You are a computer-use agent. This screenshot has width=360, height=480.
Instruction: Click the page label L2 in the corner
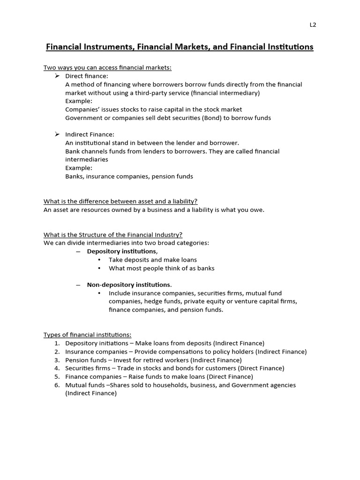point(313,25)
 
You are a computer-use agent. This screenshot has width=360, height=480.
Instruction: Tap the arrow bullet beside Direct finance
point(57,76)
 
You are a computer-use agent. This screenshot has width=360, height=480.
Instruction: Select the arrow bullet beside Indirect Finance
point(57,135)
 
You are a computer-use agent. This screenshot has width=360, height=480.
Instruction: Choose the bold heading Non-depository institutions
point(129,285)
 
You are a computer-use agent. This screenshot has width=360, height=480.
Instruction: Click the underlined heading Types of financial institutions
point(88,335)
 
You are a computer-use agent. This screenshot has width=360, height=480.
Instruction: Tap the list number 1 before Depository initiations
point(57,343)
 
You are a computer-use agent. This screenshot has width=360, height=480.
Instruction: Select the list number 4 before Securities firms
point(57,368)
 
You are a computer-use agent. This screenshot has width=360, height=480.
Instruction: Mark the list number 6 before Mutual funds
point(57,385)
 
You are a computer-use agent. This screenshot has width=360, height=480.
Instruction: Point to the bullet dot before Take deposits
point(99,260)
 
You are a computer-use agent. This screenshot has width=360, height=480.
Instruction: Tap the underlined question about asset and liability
point(120,201)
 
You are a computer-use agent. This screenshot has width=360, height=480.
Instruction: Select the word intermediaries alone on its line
point(87,159)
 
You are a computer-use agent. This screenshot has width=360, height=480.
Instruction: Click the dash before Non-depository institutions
point(78,285)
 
